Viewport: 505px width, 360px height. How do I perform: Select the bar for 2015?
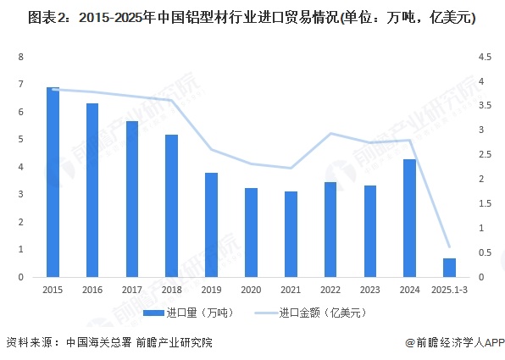click(53, 182)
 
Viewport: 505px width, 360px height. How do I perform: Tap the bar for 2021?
click(291, 234)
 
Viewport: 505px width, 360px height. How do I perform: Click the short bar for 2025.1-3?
click(449, 268)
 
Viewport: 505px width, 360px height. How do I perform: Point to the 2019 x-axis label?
click(211, 289)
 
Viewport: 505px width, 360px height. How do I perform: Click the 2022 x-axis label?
click(330, 289)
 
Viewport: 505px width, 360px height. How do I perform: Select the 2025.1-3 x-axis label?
click(449, 289)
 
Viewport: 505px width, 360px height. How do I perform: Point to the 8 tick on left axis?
click(20, 57)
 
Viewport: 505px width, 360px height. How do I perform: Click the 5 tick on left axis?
click(20, 139)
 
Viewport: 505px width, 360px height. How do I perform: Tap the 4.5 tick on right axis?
click(486, 57)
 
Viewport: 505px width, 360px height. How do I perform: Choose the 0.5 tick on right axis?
click(486, 252)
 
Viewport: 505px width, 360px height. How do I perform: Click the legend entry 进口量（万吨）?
click(187, 313)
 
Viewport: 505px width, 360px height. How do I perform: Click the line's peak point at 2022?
click(330, 134)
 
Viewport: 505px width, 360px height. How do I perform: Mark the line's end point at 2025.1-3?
click(449, 246)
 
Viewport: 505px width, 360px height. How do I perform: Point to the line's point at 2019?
click(211, 150)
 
